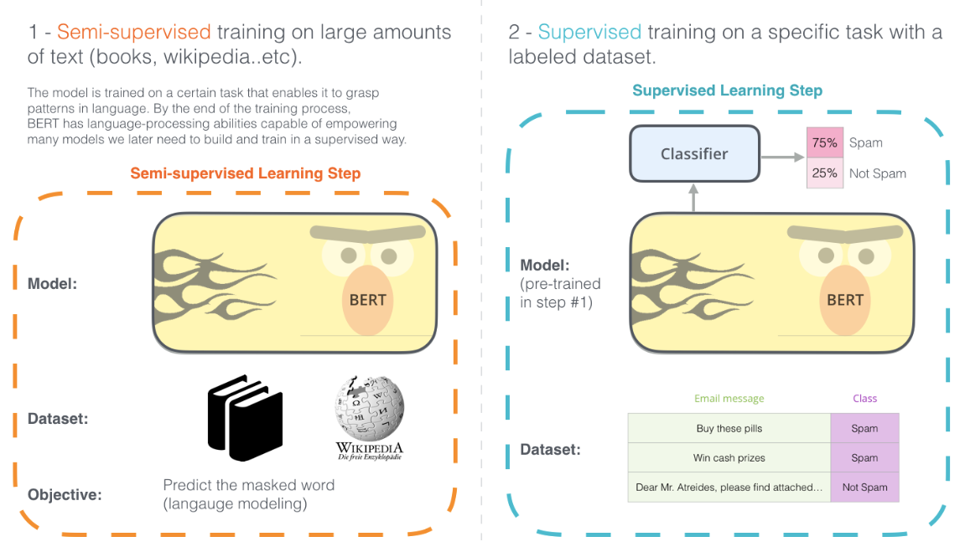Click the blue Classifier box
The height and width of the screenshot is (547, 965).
click(x=694, y=154)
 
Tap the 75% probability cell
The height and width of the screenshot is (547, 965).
click(x=824, y=142)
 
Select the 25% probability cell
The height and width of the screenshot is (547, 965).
click(x=824, y=173)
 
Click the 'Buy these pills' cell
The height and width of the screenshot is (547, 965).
click(x=729, y=428)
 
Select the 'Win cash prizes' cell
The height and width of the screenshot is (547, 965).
click(x=729, y=457)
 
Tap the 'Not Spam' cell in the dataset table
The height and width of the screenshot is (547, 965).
click(x=864, y=487)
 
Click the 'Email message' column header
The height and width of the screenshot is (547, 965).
click(x=729, y=399)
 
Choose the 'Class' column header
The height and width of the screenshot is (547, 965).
click(x=864, y=399)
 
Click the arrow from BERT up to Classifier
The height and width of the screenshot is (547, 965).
click(x=693, y=198)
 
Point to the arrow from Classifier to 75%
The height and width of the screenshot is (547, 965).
click(x=781, y=155)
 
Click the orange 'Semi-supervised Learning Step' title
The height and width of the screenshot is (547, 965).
click(x=245, y=174)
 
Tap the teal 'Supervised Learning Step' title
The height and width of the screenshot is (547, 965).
click(x=727, y=90)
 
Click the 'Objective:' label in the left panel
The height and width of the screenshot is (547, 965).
click(x=65, y=494)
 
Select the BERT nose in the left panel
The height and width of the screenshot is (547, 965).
click(x=367, y=298)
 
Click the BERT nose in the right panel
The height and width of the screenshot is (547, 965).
click(x=844, y=298)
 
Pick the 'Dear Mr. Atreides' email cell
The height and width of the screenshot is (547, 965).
click(x=729, y=487)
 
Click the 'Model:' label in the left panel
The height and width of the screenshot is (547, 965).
click(x=52, y=284)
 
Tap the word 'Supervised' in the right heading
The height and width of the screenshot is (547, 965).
click(x=589, y=33)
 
